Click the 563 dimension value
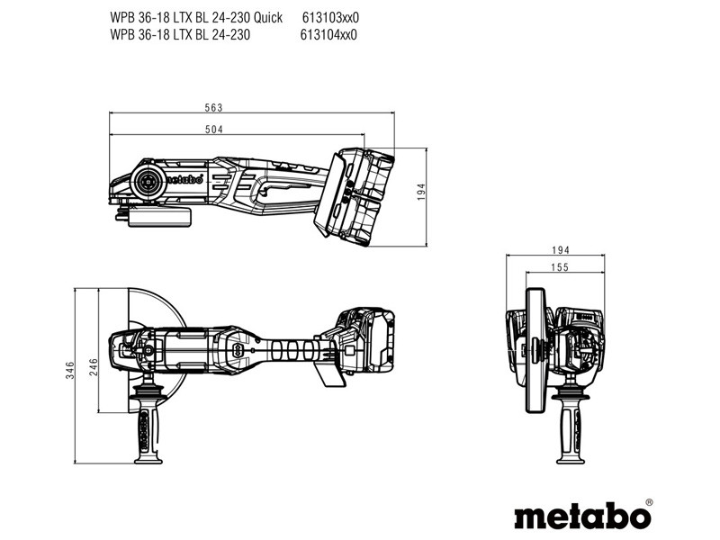213,107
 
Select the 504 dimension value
214,130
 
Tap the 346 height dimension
70,370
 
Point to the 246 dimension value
94,367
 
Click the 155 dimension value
560,267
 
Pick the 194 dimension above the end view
561,250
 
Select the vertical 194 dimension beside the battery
421,192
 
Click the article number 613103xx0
330,17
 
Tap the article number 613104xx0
328,35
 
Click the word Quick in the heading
268,17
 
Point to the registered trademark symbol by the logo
649,502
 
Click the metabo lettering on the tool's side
184,178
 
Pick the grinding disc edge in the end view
535,350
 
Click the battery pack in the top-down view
365,340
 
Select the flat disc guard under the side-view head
159,216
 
